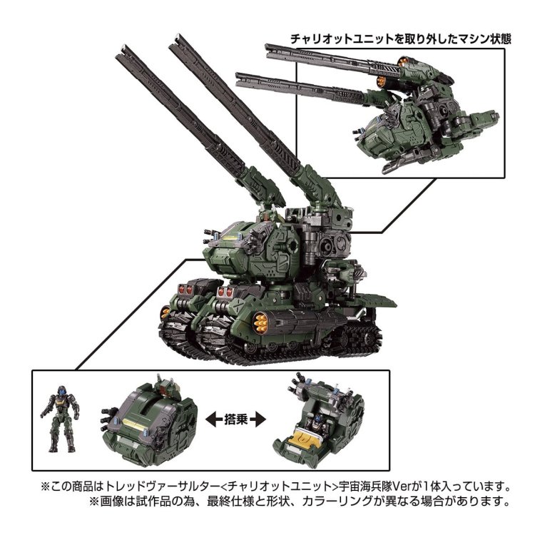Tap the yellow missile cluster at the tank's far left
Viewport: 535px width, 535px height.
pyautogui.click(x=165, y=310)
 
